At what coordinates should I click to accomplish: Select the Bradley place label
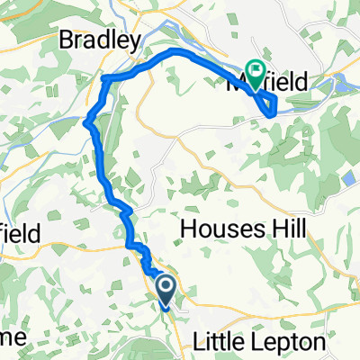pyautogui.click(x=101, y=40)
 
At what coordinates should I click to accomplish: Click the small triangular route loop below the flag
pyautogui.click(x=269, y=106)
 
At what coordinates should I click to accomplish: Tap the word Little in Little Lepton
pyautogui.click(x=220, y=343)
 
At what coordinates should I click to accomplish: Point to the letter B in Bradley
pyautogui.click(x=67, y=40)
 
